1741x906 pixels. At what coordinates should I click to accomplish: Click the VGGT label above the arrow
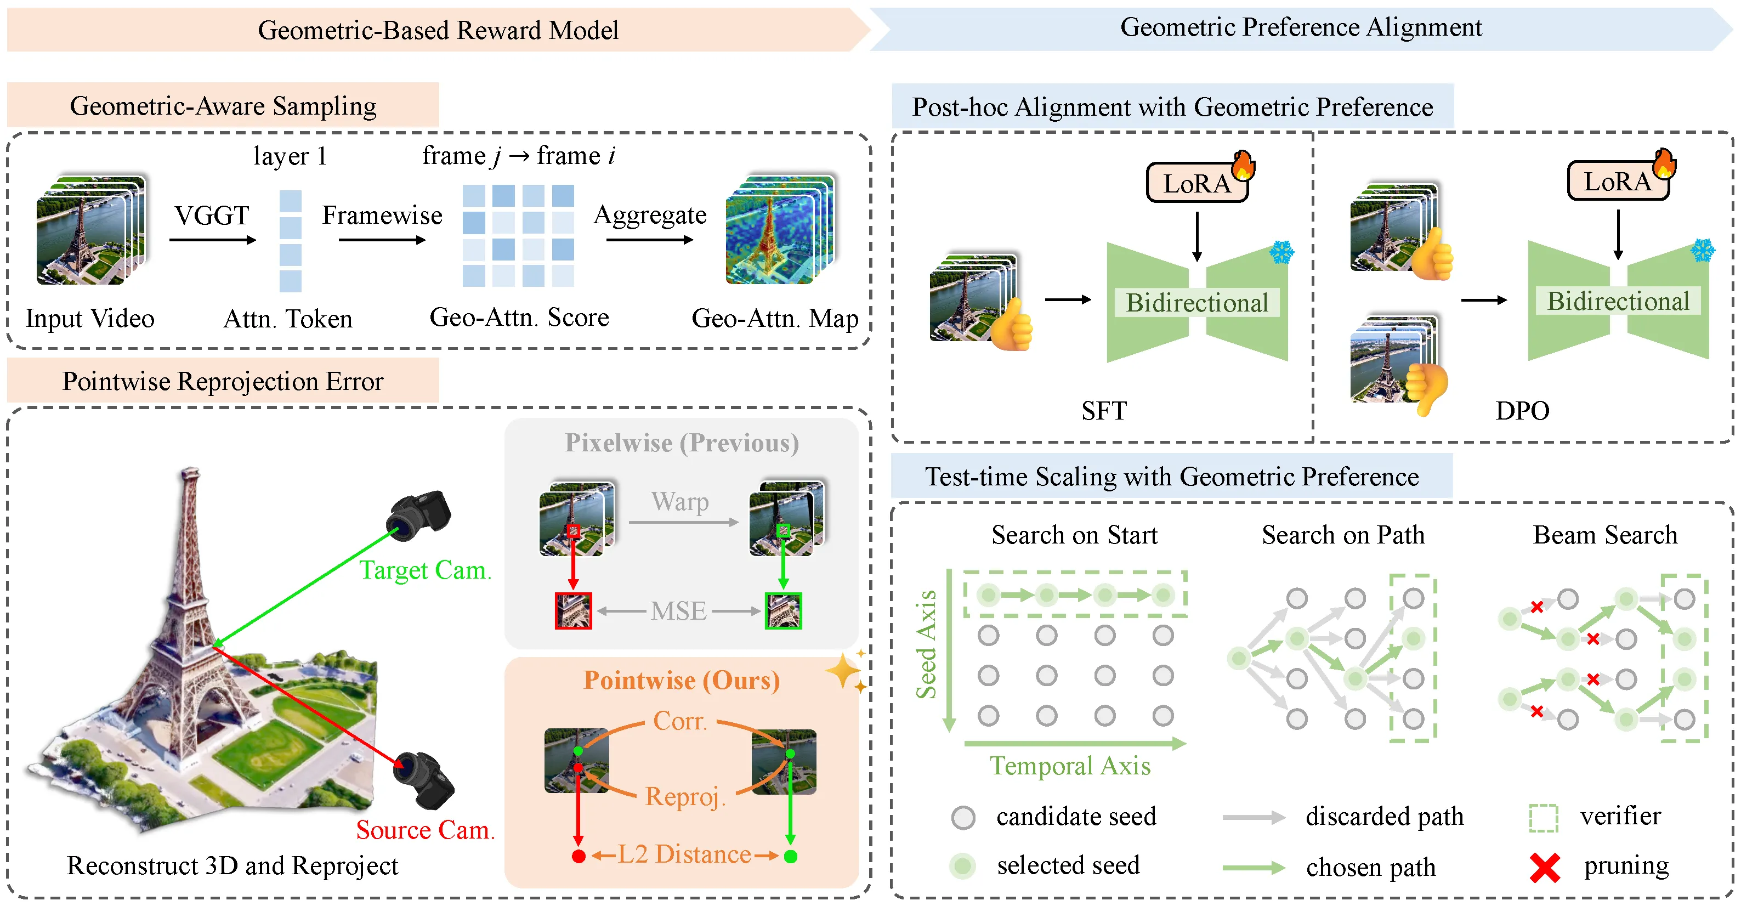click(x=212, y=216)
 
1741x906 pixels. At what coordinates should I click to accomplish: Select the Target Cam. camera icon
click(x=419, y=515)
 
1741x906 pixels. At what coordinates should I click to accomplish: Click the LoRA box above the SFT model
click(x=1197, y=183)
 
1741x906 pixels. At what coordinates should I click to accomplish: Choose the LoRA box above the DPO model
click(x=1617, y=181)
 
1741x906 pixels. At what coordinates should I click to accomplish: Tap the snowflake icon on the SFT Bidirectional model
click(x=1281, y=253)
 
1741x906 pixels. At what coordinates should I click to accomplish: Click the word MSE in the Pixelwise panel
click(x=678, y=611)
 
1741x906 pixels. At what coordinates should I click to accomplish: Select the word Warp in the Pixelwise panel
click(x=680, y=502)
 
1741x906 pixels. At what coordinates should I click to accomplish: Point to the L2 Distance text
click(x=684, y=854)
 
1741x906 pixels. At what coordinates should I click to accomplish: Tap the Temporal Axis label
click(x=1070, y=766)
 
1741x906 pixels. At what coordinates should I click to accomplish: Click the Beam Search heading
click(x=1604, y=535)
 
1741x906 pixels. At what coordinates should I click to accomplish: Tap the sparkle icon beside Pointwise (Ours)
click(x=843, y=671)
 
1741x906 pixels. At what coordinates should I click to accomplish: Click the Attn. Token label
click(x=288, y=319)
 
